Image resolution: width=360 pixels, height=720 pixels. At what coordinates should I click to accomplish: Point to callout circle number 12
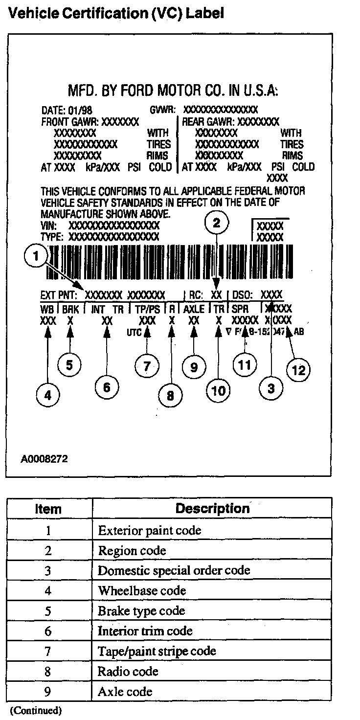click(298, 370)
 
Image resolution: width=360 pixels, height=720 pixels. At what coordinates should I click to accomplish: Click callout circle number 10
click(218, 390)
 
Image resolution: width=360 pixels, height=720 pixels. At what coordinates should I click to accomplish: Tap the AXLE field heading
click(194, 309)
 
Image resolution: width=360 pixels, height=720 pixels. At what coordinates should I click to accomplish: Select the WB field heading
click(47, 309)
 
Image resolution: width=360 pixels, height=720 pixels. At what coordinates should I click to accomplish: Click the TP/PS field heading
click(147, 309)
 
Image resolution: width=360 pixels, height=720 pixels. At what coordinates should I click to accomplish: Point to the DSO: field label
click(242, 295)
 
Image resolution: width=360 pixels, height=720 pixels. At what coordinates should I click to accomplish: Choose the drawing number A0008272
click(44, 459)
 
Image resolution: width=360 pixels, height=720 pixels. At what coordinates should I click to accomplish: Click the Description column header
click(212, 509)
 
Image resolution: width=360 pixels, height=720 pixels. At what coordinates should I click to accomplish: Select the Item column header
click(48, 509)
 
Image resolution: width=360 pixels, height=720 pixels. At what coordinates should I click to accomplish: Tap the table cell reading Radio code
click(128, 671)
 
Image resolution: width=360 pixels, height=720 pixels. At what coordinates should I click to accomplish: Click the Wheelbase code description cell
click(142, 590)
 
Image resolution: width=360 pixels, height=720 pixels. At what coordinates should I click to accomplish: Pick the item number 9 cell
click(48, 692)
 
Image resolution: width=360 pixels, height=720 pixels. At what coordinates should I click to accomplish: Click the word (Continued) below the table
click(36, 710)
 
